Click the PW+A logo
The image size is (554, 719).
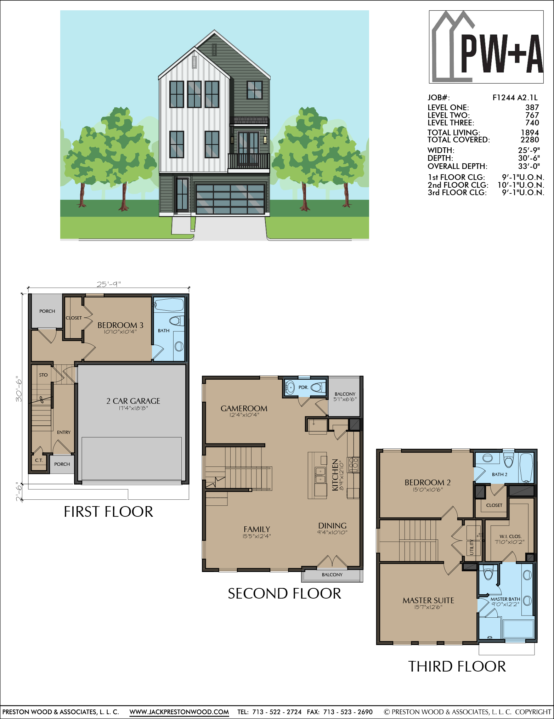486,47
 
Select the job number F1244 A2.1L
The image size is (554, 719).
515,98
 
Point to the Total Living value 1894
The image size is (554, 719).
530,132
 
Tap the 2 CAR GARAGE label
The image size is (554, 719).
133,401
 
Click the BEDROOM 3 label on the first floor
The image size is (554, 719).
120,325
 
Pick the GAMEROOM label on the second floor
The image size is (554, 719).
244,408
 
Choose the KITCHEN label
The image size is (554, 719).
335,475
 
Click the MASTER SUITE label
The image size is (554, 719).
428,600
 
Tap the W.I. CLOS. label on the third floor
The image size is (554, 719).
510,536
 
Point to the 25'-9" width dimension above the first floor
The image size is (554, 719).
109,284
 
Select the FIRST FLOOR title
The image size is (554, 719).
108,512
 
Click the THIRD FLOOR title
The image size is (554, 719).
457,667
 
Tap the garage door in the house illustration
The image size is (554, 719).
230,199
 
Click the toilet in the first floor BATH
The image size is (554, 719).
176,321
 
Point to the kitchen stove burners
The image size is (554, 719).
354,465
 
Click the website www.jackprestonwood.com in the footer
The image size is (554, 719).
179,712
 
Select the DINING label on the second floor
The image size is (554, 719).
332,526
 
